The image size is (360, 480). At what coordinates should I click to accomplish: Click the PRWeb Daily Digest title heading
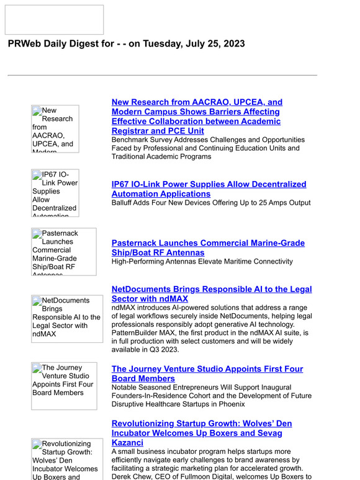pos(126,44)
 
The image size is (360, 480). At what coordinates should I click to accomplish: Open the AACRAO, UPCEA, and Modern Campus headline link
pos(197,117)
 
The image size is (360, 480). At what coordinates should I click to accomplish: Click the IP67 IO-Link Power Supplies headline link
pos(209,189)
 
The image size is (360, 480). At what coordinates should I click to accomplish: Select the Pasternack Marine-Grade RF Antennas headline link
pos(208,248)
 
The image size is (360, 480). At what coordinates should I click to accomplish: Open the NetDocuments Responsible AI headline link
pos(212,294)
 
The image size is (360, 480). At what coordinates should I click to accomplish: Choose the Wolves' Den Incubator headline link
pos(202,433)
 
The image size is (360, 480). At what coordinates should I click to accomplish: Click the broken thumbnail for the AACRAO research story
pos(55,129)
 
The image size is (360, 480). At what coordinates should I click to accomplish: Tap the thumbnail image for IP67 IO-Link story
pos(55,193)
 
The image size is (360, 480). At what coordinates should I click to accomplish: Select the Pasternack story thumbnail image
pos(64,252)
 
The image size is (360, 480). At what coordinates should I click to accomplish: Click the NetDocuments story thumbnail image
pos(67,319)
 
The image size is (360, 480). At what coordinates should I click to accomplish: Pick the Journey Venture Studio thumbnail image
pos(64,386)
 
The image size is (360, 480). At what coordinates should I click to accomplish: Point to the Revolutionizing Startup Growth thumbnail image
pos(64,459)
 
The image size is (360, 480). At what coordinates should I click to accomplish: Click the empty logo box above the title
pos(54,20)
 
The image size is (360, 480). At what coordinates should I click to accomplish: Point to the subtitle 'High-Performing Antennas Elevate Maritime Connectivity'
pos(202,262)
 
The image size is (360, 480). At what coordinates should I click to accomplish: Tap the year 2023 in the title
pos(233,44)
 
